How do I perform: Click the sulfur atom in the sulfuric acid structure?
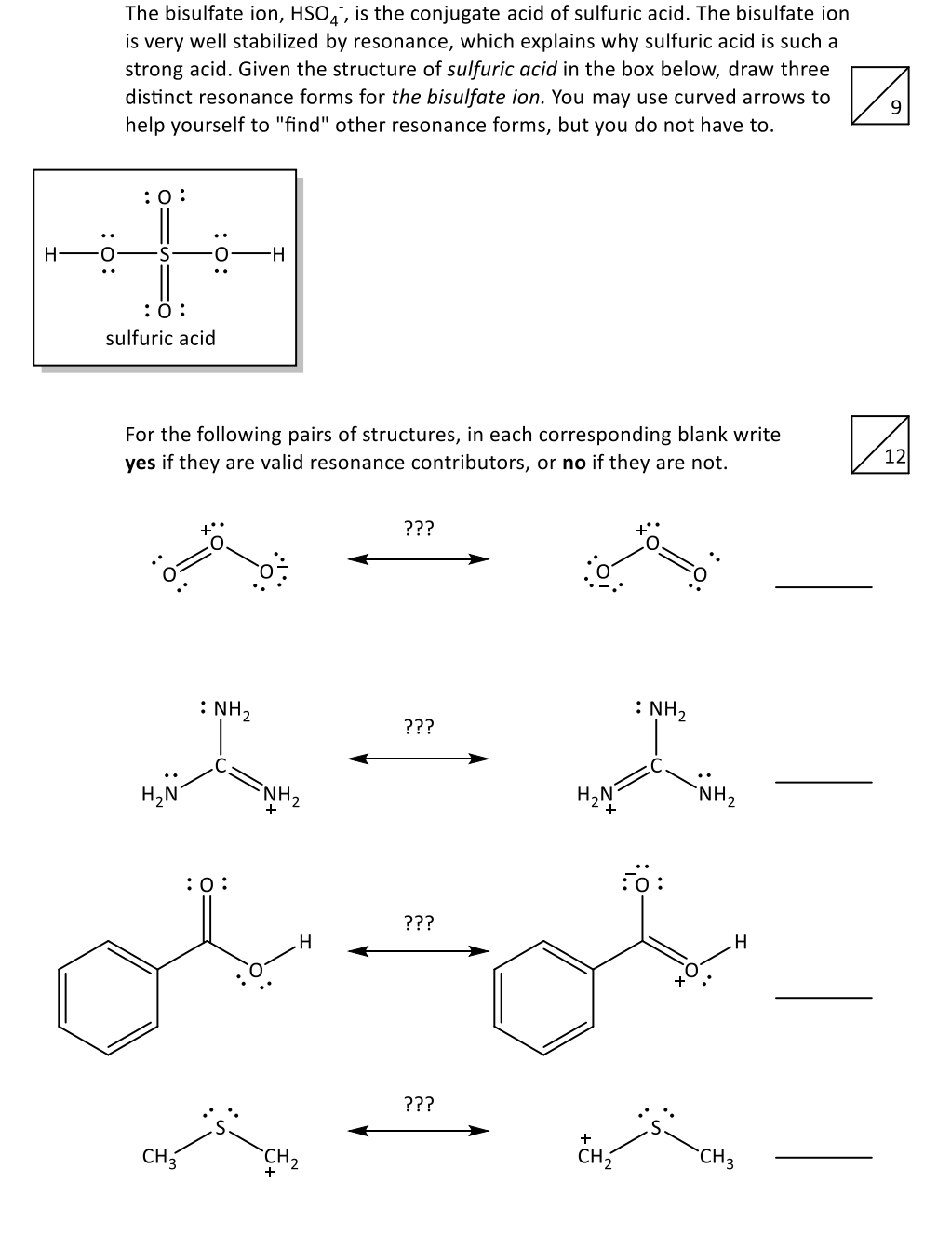pyautogui.click(x=164, y=252)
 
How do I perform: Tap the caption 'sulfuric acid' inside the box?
pyautogui.click(x=160, y=338)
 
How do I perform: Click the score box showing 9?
pyautogui.click(x=880, y=95)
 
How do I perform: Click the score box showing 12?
pyautogui.click(x=880, y=445)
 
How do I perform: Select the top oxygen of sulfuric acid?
pyautogui.click(x=164, y=196)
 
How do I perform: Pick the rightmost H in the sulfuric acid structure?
pyautogui.click(x=277, y=252)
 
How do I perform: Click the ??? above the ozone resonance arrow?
pyautogui.click(x=419, y=529)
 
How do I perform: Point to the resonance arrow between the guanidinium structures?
pyautogui.click(x=419, y=759)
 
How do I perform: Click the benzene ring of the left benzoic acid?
pyautogui.click(x=107, y=997)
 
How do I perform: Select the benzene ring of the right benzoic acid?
pyautogui.click(x=542, y=997)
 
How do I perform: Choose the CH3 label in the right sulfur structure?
pyautogui.click(x=717, y=1159)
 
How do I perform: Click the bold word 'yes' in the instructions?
pyautogui.click(x=141, y=463)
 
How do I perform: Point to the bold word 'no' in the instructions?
pyautogui.click(x=574, y=463)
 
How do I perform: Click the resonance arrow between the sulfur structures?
pyautogui.click(x=419, y=1131)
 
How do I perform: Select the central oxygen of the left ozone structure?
pyautogui.click(x=217, y=542)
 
